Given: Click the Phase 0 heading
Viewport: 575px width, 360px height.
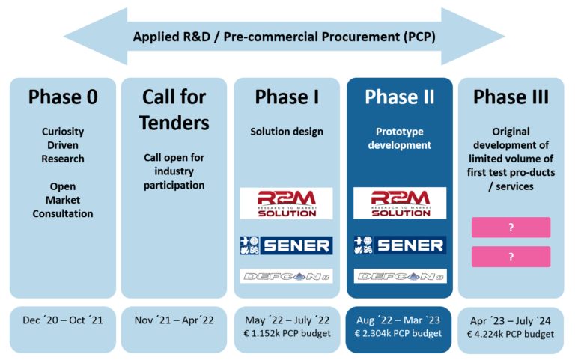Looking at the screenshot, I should point(63,97).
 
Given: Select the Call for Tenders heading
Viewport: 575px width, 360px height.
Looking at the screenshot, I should point(174,108).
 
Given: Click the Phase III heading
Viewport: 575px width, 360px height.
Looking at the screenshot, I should point(511,97).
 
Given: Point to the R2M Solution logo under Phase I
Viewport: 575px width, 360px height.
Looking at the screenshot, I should point(286,203).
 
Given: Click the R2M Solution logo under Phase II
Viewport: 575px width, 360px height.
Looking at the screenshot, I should point(399,203).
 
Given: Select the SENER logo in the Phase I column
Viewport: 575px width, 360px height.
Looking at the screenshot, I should point(286,245).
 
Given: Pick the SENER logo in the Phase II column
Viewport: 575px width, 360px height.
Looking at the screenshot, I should point(399,245).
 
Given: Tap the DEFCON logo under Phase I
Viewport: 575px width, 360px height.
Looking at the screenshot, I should point(286,276).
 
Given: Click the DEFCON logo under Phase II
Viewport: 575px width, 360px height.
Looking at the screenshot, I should point(399,276).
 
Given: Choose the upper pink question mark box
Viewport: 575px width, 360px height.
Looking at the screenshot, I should point(511,228).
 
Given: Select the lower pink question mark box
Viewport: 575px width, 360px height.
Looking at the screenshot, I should point(511,257).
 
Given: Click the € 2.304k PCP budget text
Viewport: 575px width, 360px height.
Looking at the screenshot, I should point(399,334).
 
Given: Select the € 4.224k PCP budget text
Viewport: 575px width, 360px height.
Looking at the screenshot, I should point(511,334).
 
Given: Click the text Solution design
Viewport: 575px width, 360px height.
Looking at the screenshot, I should point(286,132).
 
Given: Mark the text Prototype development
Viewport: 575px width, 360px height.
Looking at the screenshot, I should point(399,138).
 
